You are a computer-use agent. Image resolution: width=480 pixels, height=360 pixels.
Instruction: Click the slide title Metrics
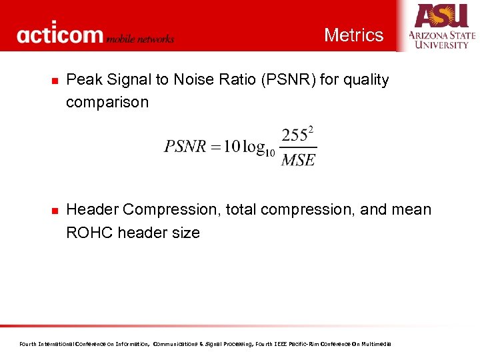[x=353, y=35]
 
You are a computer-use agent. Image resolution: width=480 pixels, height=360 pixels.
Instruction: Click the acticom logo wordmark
[x=60, y=35]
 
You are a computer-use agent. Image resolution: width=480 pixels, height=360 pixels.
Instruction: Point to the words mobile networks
[x=141, y=39]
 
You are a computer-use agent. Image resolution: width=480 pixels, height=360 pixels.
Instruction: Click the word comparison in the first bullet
[x=107, y=103]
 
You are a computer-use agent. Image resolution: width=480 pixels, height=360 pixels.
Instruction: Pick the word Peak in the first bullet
[x=83, y=80]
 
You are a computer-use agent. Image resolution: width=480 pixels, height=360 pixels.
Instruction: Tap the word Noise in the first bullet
[x=195, y=80]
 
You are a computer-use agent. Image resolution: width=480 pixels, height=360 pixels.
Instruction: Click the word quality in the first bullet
[x=365, y=80]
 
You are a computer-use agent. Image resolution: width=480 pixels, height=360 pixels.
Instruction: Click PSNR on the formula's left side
[x=185, y=147]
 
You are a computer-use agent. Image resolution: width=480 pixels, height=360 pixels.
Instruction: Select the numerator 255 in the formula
[x=294, y=136]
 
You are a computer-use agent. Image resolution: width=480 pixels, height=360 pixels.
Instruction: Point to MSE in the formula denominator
[x=298, y=160]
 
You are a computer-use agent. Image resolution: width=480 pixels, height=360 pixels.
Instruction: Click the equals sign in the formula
[x=215, y=147]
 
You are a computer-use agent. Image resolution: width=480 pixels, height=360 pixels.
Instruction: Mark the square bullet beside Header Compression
[x=54, y=211]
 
